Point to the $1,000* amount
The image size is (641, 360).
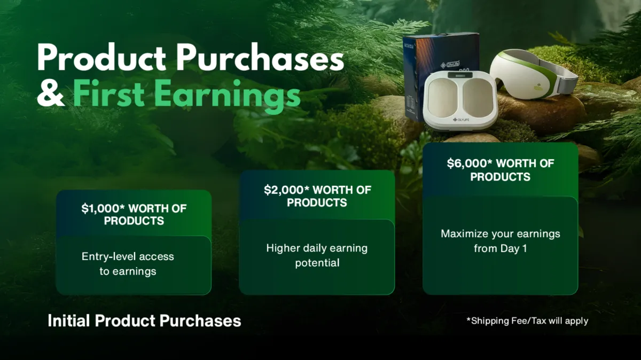click(x=103, y=208)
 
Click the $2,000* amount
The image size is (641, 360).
click(x=287, y=190)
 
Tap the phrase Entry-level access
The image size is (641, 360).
click(x=128, y=256)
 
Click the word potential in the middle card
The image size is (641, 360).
click(x=317, y=263)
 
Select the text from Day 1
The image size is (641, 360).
click(x=500, y=248)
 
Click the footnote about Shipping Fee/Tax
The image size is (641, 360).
click(x=527, y=321)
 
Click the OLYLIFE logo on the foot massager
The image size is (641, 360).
click(x=460, y=120)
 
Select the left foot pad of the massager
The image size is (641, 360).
click(x=443, y=98)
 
